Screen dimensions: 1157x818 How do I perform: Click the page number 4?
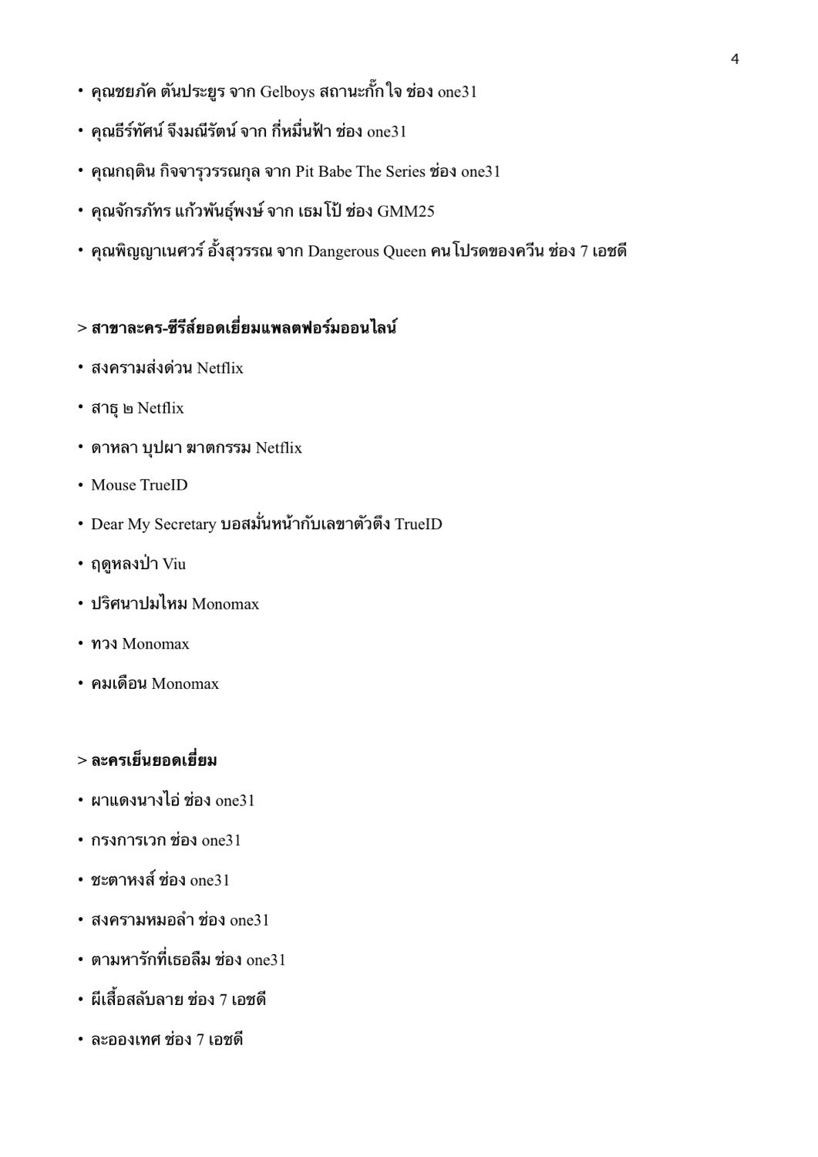[x=734, y=59]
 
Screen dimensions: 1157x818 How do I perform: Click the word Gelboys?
[x=287, y=93]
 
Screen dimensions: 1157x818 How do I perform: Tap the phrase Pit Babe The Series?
[x=360, y=171]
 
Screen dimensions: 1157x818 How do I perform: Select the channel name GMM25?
[x=406, y=211]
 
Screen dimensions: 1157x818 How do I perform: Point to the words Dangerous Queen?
[x=366, y=251]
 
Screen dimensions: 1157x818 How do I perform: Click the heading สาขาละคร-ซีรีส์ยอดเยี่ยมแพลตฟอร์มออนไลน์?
[x=244, y=329]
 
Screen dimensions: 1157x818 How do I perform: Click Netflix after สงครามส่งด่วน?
[x=220, y=369]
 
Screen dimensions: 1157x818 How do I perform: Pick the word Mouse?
[x=113, y=485]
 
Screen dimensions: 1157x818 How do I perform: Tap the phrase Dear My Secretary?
[x=153, y=525]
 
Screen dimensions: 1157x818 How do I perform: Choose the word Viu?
[x=174, y=565]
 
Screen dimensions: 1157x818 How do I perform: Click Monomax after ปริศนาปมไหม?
[x=225, y=604]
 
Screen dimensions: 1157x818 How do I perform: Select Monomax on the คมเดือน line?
[x=185, y=684]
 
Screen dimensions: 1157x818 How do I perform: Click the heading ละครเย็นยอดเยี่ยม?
[x=153, y=761]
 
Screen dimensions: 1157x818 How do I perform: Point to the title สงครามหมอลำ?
[x=142, y=920]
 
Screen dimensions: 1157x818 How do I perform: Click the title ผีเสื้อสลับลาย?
[x=136, y=1000]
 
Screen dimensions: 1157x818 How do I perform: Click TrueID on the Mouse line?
[x=163, y=485]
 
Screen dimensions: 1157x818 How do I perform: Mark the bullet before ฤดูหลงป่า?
[x=80, y=565]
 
